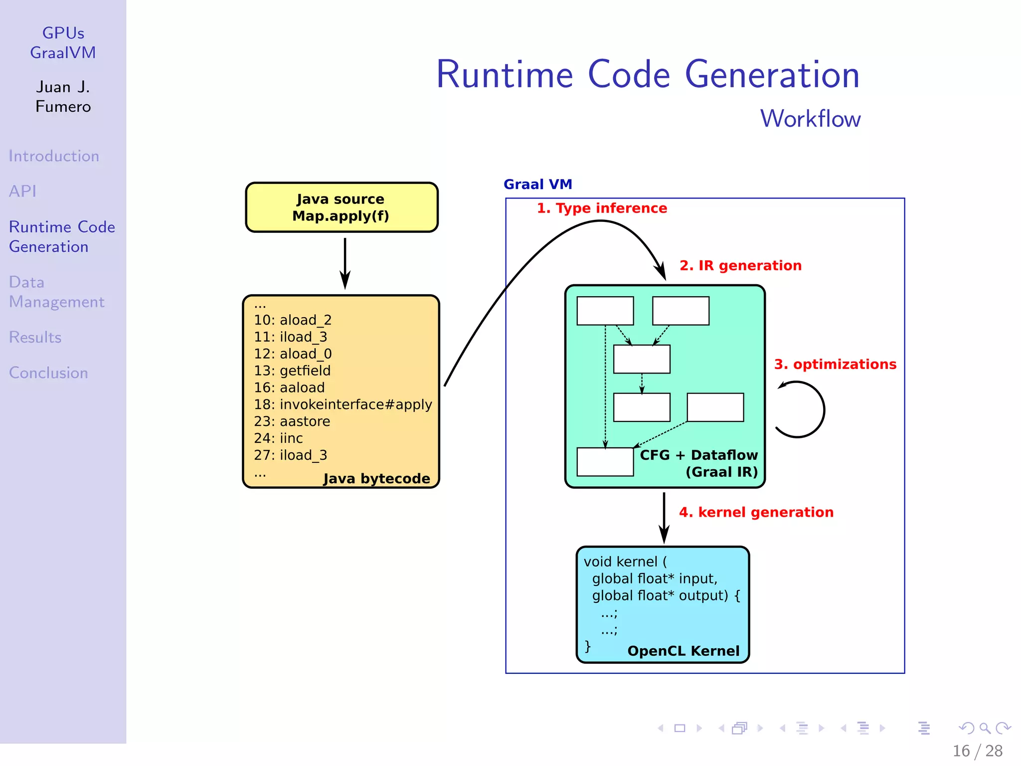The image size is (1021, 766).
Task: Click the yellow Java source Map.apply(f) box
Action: (x=341, y=207)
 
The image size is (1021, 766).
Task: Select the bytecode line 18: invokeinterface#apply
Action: (x=343, y=404)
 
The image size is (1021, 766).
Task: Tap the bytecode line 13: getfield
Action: (x=292, y=371)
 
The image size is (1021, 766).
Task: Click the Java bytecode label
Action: (x=376, y=478)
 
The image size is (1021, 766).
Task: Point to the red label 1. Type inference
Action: (x=602, y=208)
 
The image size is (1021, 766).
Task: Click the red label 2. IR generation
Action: (x=740, y=265)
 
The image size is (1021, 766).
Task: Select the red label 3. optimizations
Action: (x=835, y=364)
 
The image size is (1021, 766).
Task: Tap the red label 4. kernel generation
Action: (x=756, y=512)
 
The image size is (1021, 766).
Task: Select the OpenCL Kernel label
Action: (x=683, y=651)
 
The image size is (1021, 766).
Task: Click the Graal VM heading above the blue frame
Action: (x=538, y=185)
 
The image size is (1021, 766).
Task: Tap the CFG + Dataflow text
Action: (x=698, y=455)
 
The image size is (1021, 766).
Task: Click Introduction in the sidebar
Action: (x=54, y=156)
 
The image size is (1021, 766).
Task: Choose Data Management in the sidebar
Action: (x=56, y=292)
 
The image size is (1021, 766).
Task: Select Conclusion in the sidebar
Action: (x=48, y=373)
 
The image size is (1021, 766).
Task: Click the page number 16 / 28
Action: (x=977, y=751)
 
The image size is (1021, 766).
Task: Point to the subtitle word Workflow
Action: (x=810, y=119)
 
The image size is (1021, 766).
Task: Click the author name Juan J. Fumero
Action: (x=63, y=97)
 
